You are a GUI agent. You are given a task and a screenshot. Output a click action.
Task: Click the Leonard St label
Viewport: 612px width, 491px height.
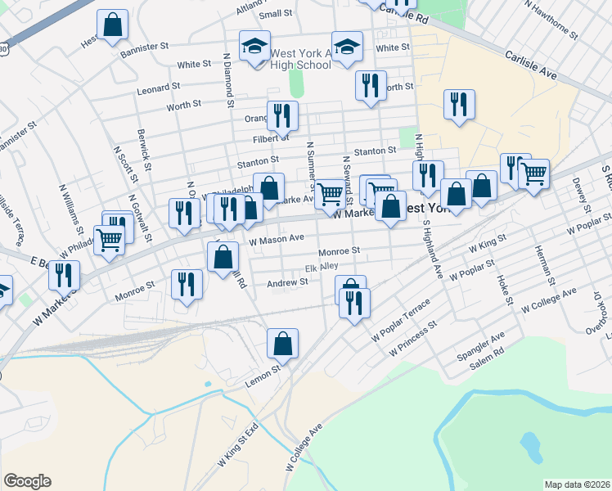tap(159, 87)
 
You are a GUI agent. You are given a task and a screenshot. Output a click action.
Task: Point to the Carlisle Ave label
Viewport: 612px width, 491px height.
tap(530, 64)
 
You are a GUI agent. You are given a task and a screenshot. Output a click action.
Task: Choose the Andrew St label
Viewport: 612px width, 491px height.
tap(287, 282)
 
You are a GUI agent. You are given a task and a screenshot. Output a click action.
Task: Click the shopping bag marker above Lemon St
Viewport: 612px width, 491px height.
tap(282, 345)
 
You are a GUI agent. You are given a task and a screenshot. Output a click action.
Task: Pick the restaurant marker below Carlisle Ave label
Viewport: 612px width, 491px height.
tap(459, 104)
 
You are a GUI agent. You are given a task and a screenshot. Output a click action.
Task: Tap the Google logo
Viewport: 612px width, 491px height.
tap(27, 481)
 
